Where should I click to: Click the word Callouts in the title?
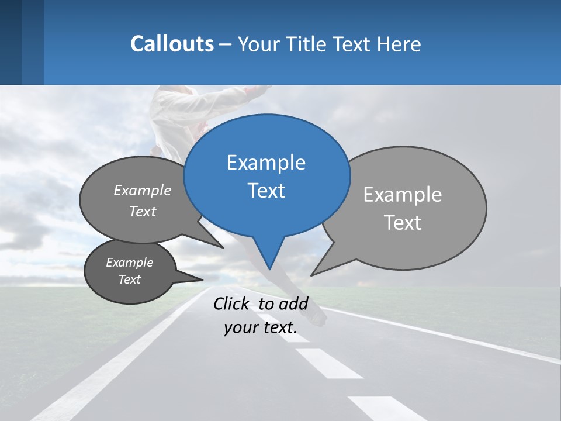tap(172, 44)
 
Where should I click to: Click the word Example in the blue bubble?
tap(266, 163)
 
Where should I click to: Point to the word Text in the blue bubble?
tap(266, 191)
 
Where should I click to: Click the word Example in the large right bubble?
tap(402, 195)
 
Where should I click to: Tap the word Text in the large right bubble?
tap(402, 223)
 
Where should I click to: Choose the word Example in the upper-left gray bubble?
tap(142, 191)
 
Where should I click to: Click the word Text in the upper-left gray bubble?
tap(142, 211)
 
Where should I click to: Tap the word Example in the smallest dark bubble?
tap(129, 263)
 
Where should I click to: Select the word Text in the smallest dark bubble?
tap(129, 279)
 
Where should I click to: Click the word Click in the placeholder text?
tap(231, 303)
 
